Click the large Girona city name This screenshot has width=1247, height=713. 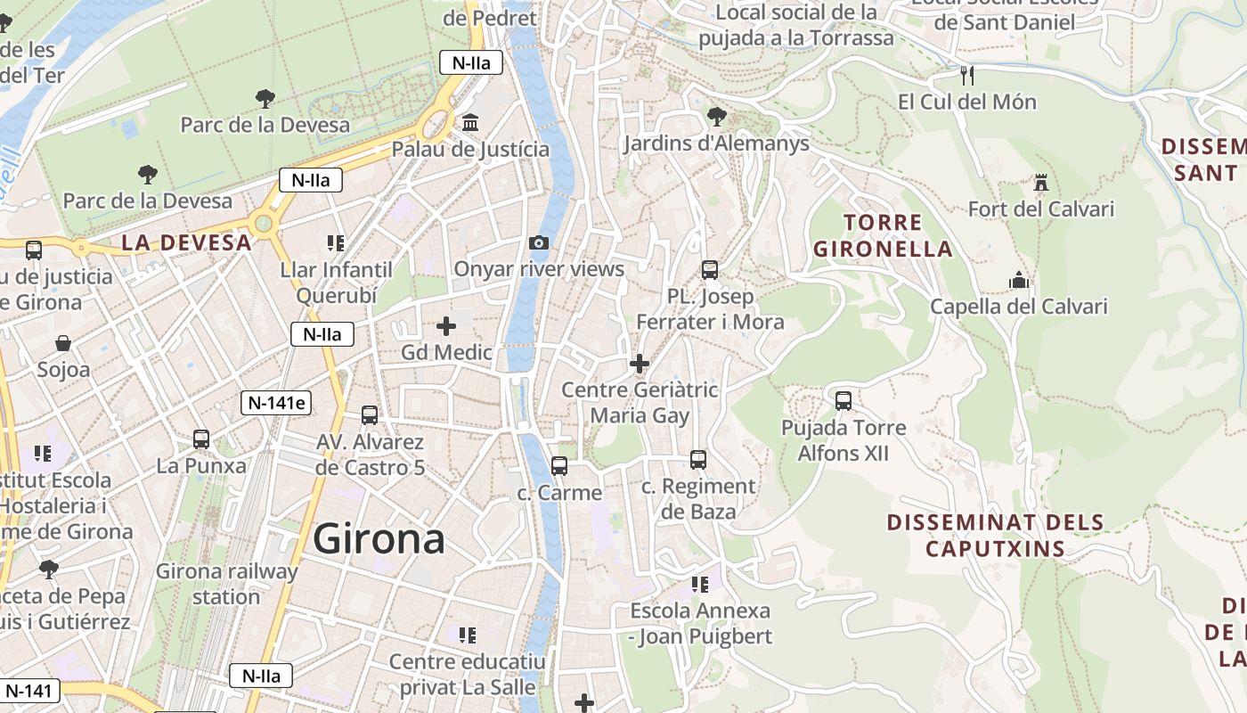[379, 539]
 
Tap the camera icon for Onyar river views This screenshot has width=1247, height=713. [538, 242]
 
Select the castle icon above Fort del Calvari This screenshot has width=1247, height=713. [1040, 183]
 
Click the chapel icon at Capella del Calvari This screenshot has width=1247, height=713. [1019, 281]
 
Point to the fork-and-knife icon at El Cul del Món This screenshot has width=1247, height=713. [968, 75]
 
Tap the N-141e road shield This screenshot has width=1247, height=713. [277, 403]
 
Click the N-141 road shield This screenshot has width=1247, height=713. [30, 690]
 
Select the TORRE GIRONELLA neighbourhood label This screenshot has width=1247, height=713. [882, 235]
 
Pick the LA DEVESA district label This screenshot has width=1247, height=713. [186, 242]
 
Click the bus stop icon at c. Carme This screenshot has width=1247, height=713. [559, 465]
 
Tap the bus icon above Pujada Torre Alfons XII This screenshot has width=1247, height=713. [843, 400]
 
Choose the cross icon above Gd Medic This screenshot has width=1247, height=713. [446, 326]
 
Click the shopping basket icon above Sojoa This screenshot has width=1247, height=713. [63, 343]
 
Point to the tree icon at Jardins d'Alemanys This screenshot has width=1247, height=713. [716, 116]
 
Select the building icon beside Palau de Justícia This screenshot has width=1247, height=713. [470, 122]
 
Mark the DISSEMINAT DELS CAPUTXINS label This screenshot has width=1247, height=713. [995, 535]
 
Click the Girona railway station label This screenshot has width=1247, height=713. [226, 584]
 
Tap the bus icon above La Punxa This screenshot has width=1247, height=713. [201, 438]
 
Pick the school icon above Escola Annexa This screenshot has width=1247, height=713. [700, 585]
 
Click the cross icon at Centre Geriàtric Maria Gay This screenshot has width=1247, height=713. [640, 364]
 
